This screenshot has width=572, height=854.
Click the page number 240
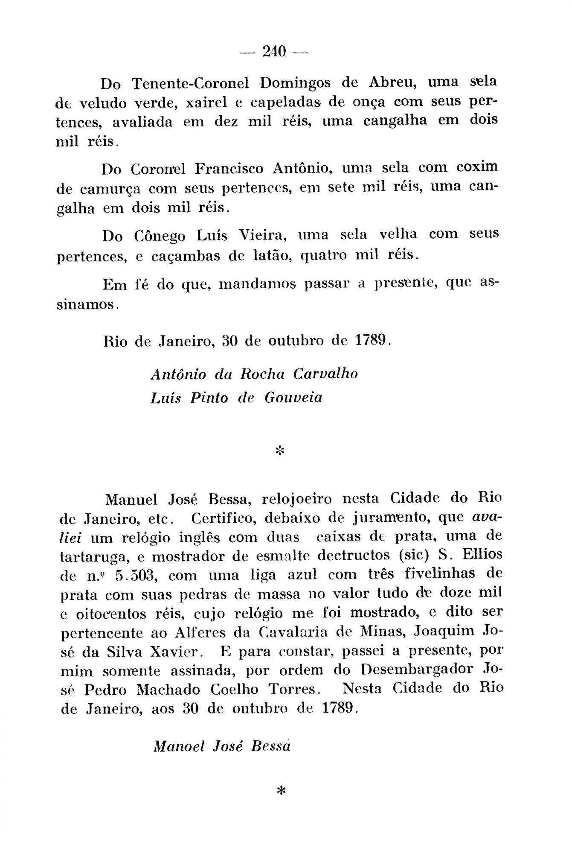(274, 52)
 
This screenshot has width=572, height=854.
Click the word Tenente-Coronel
(190, 83)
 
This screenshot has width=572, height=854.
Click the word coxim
(476, 167)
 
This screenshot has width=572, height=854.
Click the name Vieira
(262, 234)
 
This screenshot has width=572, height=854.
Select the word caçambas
(186, 256)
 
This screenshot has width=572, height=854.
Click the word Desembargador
(417, 669)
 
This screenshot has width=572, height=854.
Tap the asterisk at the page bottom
(280, 791)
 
